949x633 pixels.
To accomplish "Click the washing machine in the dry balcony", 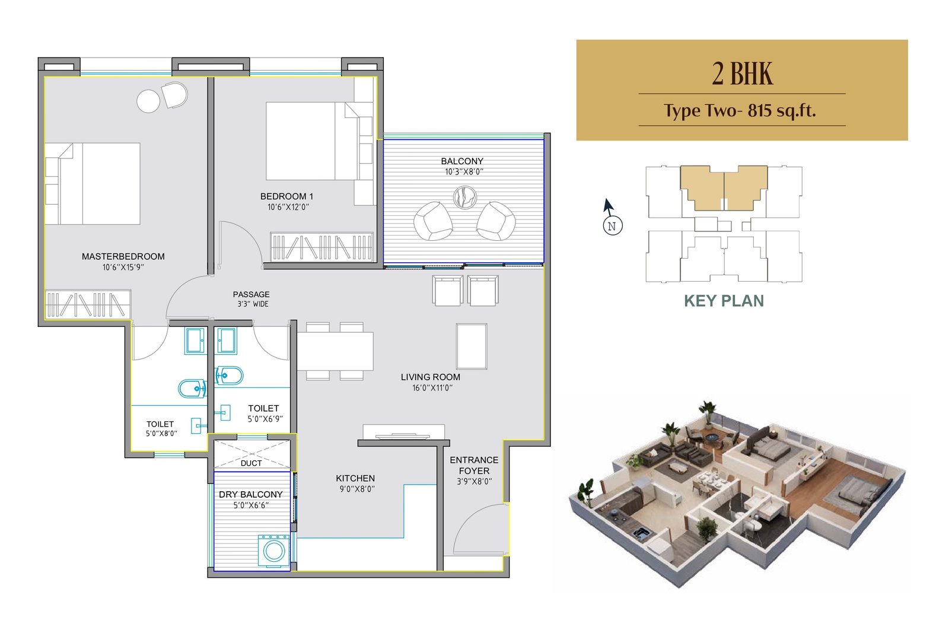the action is (273, 551).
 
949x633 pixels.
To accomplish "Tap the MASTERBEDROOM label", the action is (123, 256).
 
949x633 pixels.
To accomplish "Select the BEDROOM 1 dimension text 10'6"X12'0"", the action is (288, 207).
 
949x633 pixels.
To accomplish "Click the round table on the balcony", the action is (465, 197).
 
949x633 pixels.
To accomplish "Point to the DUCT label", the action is (251, 463).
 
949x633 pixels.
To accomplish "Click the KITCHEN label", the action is (355, 478).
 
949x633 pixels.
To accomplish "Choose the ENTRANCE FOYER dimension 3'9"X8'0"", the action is (474, 481).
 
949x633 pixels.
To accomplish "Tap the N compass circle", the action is (612, 226).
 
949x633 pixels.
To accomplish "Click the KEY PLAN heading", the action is (724, 301).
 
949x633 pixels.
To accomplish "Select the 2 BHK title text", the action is (742, 74).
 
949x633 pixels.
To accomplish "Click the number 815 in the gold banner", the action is (760, 110).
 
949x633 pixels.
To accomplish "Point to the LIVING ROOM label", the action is (431, 377).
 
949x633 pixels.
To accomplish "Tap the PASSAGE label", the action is (251, 294).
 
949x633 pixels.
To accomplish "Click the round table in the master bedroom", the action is (148, 101).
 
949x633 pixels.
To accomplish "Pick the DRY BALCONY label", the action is (251, 494).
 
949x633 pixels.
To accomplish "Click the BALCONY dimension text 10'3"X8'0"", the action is (463, 172).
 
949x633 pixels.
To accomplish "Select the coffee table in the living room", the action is (472, 346).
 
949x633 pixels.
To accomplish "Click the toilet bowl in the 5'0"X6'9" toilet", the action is (229, 376).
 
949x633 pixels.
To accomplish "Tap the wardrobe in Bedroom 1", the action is (322, 247).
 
